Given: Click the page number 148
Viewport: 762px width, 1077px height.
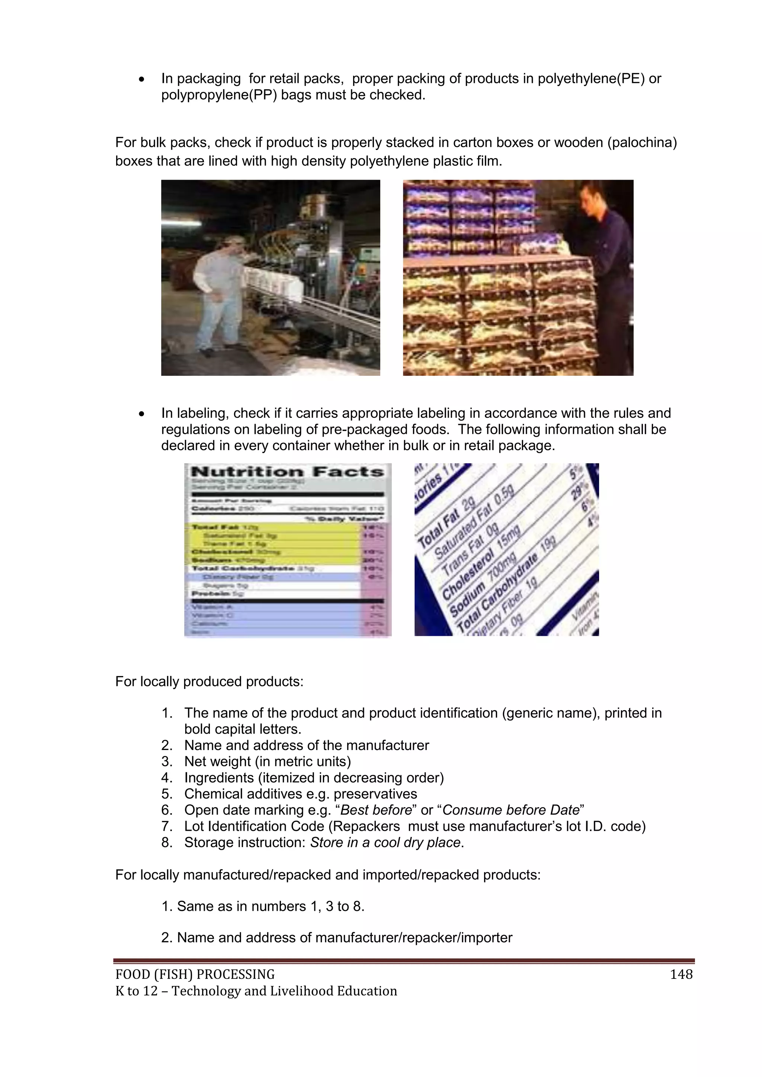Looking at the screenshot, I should click(x=681, y=974).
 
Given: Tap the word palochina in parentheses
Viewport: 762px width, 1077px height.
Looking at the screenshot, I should click(x=642, y=142).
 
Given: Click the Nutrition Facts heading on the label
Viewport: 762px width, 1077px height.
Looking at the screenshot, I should click(x=287, y=472).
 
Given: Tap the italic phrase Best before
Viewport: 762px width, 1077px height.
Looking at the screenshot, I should click(x=376, y=810).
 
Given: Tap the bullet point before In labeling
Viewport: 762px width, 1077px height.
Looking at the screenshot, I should click(x=142, y=414).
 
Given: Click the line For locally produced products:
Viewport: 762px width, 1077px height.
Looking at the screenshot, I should click(x=209, y=682).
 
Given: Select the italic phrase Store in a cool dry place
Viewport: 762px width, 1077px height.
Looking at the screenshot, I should click(x=385, y=843).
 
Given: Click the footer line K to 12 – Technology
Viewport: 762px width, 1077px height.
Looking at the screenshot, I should click(x=256, y=991).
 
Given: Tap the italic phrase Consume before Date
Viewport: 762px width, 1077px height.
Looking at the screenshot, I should click(x=511, y=810).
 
